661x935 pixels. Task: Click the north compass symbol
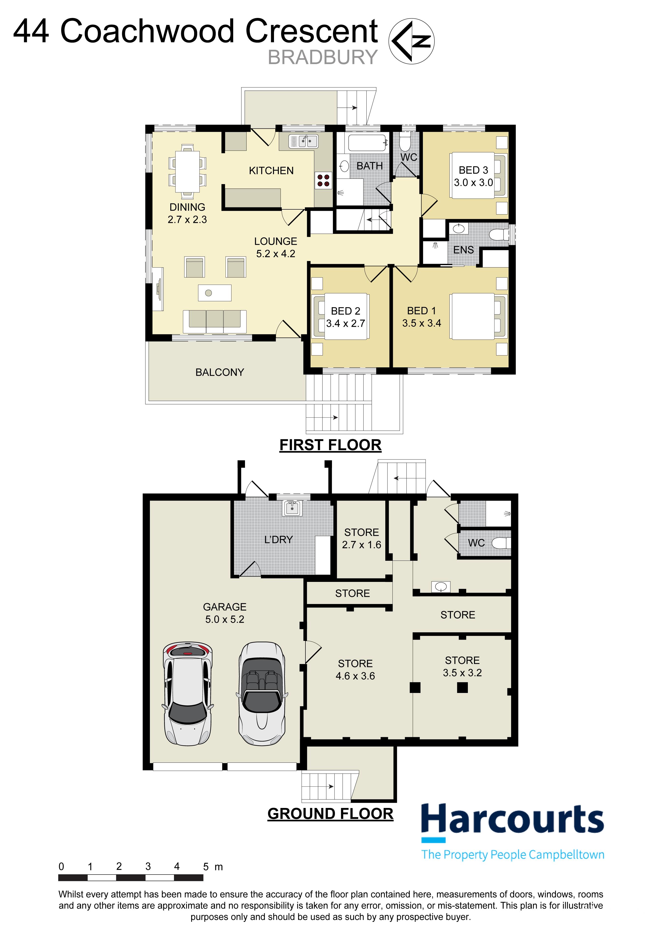(x=411, y=41)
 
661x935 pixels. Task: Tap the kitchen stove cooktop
(x=323, y=180)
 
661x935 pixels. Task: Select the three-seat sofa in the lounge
(x=215, y=322)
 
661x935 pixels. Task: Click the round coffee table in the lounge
(x=209, y=293)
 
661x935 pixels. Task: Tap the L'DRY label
(x=279, y=540)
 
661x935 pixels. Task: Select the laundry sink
(x=292, y=508)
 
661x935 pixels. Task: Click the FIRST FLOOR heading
(x=330, y=445)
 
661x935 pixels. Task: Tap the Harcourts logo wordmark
(x=512, y=819)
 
